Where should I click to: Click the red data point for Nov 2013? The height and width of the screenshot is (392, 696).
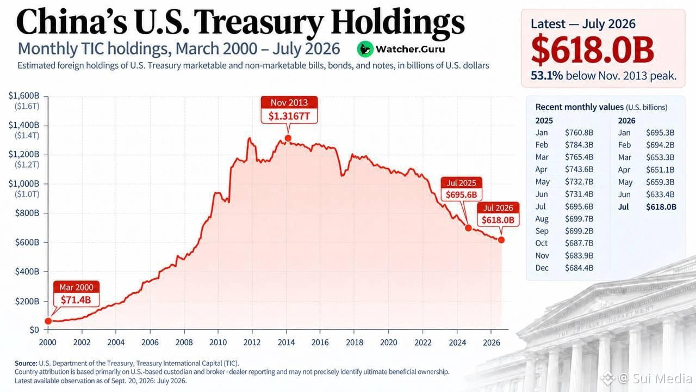(x=288, y=138)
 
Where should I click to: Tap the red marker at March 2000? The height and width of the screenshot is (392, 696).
(x=48, y=321)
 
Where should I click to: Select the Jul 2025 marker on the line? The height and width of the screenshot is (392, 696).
(x=468, y=228)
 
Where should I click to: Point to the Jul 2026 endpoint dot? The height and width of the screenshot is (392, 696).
(x=501, y=240)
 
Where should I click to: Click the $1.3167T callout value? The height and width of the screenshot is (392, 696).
(x=289, y=116)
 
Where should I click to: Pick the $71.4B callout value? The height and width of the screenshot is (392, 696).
(x=76, y=300)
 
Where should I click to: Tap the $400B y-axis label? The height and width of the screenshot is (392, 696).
(x=27, y=272)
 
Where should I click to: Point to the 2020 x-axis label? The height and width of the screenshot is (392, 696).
(x=388, y=342)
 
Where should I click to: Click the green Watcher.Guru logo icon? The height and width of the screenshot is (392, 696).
(x=365, y=49)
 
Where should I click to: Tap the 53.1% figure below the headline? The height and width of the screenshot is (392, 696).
(x=546, y=76)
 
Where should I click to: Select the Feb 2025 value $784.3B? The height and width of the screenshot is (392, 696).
(x=579, y=145)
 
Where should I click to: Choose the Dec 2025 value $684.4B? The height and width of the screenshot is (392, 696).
(x=579, y=268)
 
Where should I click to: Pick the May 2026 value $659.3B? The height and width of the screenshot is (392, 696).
(x=660, y=182)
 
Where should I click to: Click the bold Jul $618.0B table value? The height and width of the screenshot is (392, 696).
(x=661, y=207)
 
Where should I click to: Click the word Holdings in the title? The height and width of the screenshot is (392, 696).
(x=398, y=23)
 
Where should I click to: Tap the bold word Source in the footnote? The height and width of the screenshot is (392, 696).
(x=26, y=363)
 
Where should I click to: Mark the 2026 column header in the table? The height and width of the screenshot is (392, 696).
(x=626, y=121)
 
